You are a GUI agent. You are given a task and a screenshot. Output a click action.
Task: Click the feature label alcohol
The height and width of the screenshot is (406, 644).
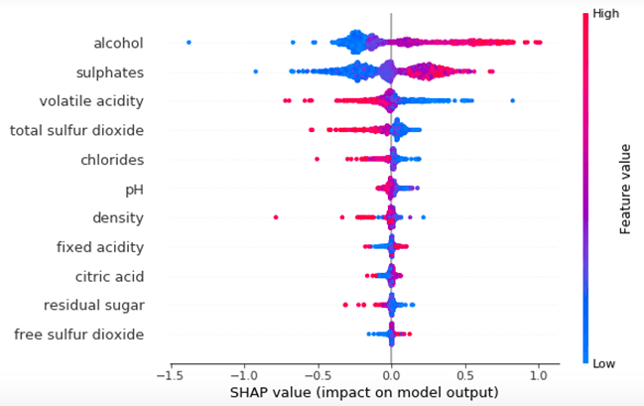(x=118, y=43)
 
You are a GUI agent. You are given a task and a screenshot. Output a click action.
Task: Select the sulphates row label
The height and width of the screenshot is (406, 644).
(x=110, y=72)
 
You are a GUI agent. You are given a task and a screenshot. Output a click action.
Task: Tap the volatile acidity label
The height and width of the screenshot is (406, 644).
(x=91, y=101)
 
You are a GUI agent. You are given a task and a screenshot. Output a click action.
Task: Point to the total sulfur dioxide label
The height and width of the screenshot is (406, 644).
(x=76, y=130)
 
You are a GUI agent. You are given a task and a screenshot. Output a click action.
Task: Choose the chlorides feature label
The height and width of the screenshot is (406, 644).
(x=112, y=160)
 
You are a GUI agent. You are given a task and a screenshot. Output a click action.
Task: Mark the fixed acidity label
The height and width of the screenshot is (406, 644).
(x=100, y=247)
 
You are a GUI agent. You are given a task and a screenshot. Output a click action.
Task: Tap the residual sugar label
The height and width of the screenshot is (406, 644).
(x=93, y=305)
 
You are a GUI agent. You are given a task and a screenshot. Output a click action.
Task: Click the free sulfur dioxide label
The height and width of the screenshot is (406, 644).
(x=79, y=335)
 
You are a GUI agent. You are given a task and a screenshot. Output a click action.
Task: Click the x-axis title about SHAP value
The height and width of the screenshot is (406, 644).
(x=365, y=394)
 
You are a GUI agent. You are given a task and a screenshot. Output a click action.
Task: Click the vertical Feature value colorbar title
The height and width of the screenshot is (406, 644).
(x=626, y=189)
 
